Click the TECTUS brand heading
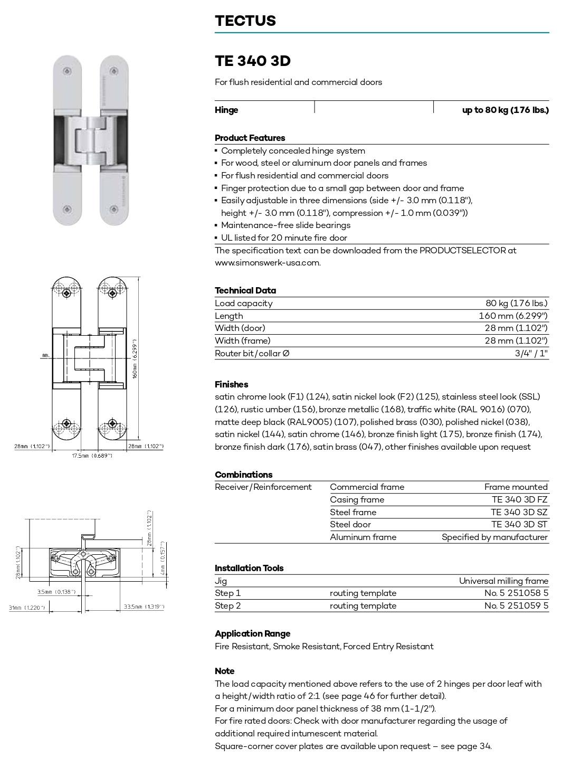[x=245, y=21]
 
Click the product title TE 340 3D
[x=252, y=61]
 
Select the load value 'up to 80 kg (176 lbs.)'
[x=505, y=110]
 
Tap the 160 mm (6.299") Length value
[x=513, y=316]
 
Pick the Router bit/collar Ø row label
[x=252, y=353]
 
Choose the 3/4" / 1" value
[x=531, y=353]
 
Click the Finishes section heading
[x=231, y=384]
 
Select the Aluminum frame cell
[x=363, y=537]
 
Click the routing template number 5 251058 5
[x=516, y=593]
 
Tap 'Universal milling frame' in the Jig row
[x=503, y=581]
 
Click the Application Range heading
[x=252, y=633]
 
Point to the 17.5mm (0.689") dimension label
[x=92, y=456]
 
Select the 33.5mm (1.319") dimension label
[x=144, y=607]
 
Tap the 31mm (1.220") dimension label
[x=27, y=608]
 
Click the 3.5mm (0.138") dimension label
[x=56, y=592]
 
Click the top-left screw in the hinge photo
[x=67, y=71]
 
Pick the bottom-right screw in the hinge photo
[x=113, y=210]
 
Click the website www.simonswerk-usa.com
[x=268, y=262]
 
